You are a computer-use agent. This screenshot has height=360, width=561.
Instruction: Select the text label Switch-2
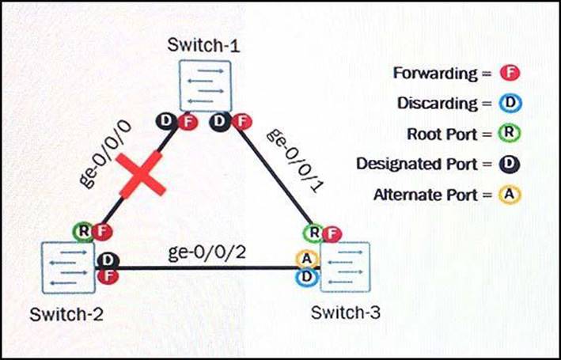coord(66,314)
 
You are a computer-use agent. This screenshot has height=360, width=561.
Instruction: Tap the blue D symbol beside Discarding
coord(510,104)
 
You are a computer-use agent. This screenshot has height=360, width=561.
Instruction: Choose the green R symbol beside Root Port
coord(510,134)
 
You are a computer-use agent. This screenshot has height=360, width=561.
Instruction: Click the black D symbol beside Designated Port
coord(510,164)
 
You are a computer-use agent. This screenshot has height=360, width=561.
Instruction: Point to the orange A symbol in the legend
coord(510,194)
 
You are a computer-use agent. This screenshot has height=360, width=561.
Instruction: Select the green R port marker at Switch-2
coord(81,231)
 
